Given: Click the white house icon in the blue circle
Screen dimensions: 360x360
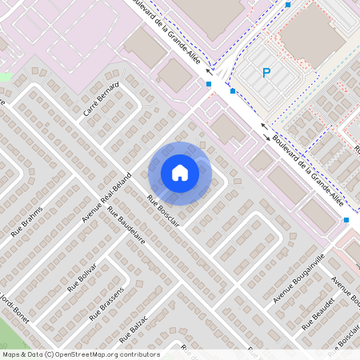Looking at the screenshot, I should tap(180, 173).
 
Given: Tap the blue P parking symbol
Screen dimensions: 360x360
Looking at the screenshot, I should tap(266, 73).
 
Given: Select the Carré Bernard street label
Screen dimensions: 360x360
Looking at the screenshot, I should tap(100, 101).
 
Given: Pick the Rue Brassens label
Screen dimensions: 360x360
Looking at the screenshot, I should tap(108, 303).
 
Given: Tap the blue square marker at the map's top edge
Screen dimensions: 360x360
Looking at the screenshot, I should tap(288, 4).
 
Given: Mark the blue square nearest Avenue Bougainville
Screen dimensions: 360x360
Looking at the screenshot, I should tap(346, 219).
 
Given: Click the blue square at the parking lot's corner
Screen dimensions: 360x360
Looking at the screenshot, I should tap(233, 91).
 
